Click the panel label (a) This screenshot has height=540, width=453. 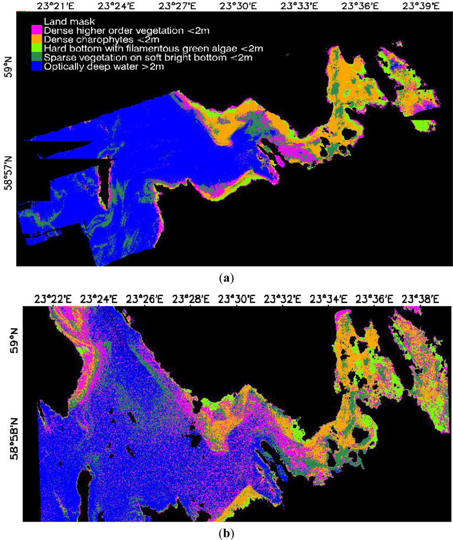click(227, 279)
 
